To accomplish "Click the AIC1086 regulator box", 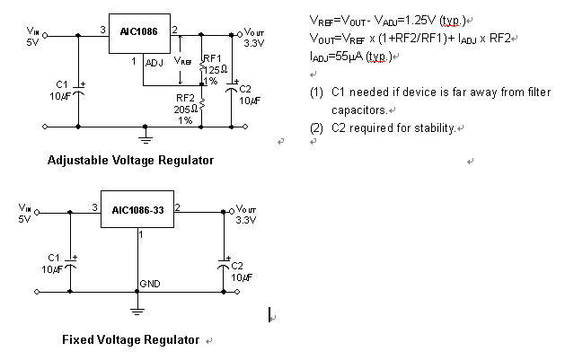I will [x=140, y=32].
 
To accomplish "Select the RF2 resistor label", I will [x=185, y=97].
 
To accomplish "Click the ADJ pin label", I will [x=154, y=62].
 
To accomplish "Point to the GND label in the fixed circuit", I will [x=149, y=284].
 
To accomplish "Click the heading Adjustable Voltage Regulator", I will [x=130, y=161].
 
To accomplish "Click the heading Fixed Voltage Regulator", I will [x=130, y=340].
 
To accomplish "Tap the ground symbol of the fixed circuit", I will [x=137, y=311].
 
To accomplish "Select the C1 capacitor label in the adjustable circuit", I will [x=62, y=83].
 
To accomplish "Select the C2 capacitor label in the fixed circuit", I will [x=237, y=266].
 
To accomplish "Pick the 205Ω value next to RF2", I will [x=185, y=109].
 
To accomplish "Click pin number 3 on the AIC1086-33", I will [x=94, y=207].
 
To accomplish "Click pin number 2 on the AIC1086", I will [x=174, y=31].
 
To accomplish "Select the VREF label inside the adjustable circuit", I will [x=182, y=61].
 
